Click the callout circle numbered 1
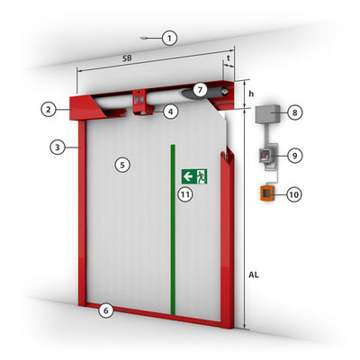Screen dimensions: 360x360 170,38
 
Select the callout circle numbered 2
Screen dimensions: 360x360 49,110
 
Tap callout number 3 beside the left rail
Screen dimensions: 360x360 58,148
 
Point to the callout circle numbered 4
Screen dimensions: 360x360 170,112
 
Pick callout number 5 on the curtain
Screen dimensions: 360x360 122,165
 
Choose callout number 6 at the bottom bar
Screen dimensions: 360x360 106,310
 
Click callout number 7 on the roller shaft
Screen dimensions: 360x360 201,89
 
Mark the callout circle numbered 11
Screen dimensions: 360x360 185,194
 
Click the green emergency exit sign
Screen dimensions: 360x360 194,176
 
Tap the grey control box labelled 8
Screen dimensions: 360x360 267,114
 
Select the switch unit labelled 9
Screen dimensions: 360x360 265,157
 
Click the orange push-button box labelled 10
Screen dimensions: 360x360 266,193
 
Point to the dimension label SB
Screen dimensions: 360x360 127,58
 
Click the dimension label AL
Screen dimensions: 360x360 254,274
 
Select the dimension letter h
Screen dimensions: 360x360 251,94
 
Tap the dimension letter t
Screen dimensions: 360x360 229,58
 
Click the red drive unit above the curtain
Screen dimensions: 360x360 140,102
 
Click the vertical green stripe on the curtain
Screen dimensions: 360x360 173,229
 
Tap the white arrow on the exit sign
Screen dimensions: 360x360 188,176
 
